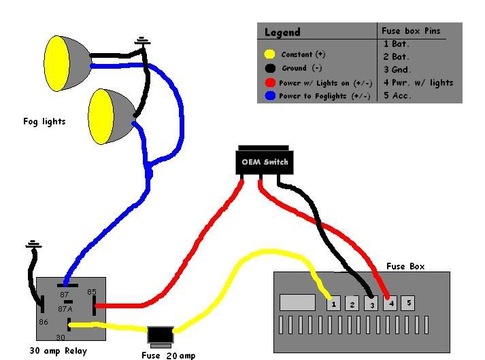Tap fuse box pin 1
tap(333, 304)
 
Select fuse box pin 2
tap(352, 304)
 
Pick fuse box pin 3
tap(370, 304)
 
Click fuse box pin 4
tap(389, 304)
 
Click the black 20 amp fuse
tap(161, 334)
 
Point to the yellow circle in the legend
tap(270, 54)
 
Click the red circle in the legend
tap(270, 82)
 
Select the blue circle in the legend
tap(270, 97)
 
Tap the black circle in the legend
tap(270, 68)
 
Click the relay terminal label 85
tap(93, 293)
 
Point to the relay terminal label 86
tap(43, 322)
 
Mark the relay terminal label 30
tap(60, 337)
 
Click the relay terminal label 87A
tap(65, 308)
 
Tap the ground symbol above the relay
tap(31, 244)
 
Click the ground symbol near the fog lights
tap(143, 42)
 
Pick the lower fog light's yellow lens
tap(102, 116)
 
